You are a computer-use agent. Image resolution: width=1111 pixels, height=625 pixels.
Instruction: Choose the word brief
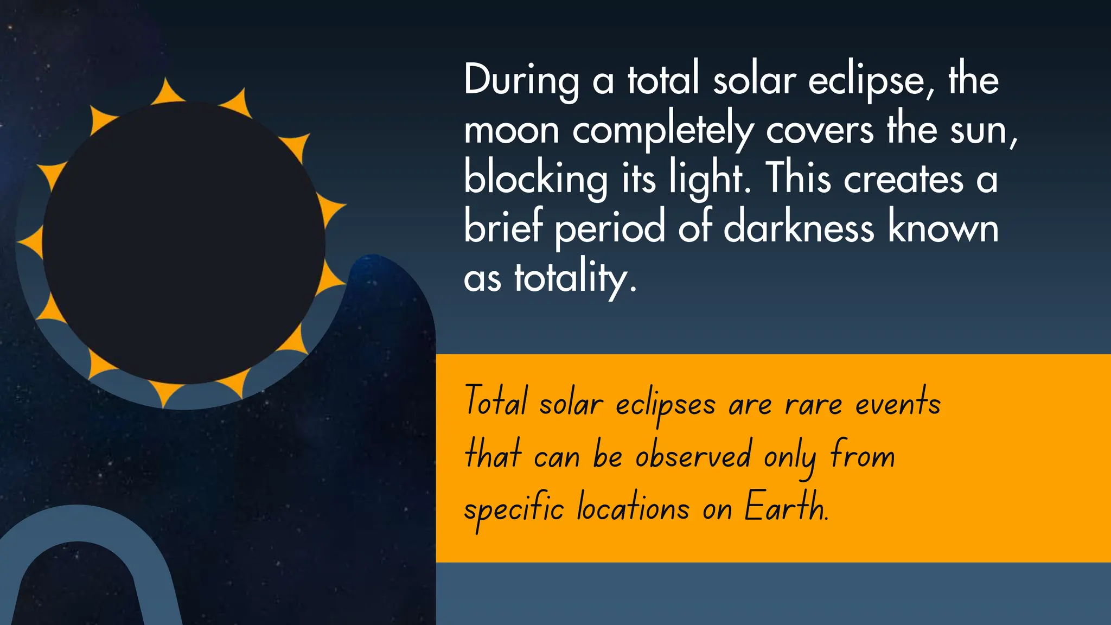coord(503,228)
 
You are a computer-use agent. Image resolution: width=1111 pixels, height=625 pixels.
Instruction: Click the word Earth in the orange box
coord(786,508)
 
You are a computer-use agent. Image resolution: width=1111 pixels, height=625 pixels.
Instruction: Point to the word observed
coord(693,456)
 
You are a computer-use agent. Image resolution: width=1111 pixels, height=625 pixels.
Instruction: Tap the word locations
coord(633,508)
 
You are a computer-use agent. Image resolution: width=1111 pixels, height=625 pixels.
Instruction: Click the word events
coord(898,404)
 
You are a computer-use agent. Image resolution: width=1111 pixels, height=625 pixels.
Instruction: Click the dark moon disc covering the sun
coord(183,243)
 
